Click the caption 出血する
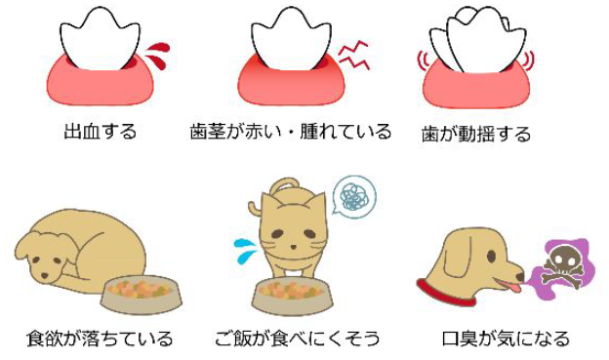(101, 132)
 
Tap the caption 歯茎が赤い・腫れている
(291, 132)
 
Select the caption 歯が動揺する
(476, 135)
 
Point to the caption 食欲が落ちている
(100, 339)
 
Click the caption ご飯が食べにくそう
(298, 339)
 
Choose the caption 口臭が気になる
(506, 339)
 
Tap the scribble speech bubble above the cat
(353, 196)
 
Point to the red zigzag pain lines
(353, 56)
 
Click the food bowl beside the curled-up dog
(141, 297)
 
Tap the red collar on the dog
(446, 293)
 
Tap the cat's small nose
(294, 247)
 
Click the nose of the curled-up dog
(45, 276)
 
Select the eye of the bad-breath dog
(491, 257)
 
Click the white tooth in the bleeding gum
(100, 39)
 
